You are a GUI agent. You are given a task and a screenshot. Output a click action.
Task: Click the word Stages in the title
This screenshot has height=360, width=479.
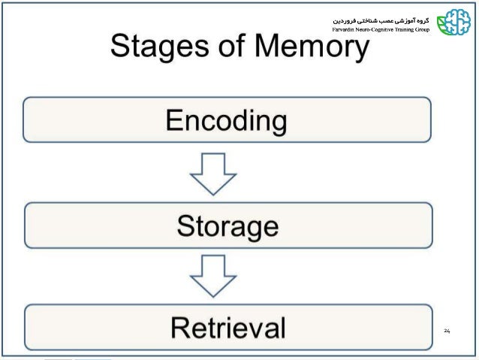pyautogui.click(x=161, y=49)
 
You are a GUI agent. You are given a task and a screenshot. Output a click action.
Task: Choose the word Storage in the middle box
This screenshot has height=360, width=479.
pyautogui.click(x=227, y=225)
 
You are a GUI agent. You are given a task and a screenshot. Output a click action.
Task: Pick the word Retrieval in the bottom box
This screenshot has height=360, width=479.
pyautogui.click(x=227, y=328)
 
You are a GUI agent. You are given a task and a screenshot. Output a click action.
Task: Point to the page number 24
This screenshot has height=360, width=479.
pyautogui.click(x=447, y=331)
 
